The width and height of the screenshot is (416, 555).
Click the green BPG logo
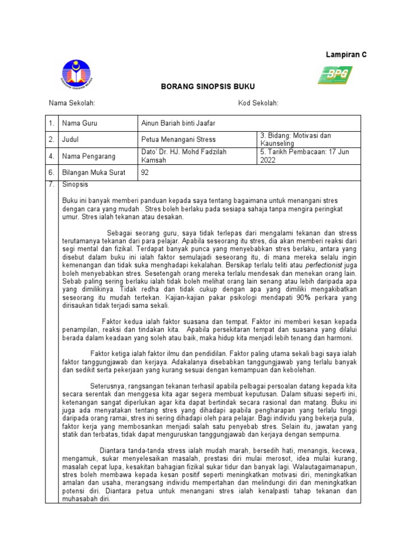click(x=335, y=75)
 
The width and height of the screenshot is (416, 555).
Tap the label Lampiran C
click(x=346, y=55)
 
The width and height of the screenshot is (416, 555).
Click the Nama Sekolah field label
click(x=72, y=104)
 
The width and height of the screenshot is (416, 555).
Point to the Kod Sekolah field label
click(x=258, y=104)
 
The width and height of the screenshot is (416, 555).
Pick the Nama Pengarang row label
click(x=89, y=156)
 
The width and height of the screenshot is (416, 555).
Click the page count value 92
click(x=145, y=173)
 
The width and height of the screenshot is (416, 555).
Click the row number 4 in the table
click(x=51, y=156)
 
